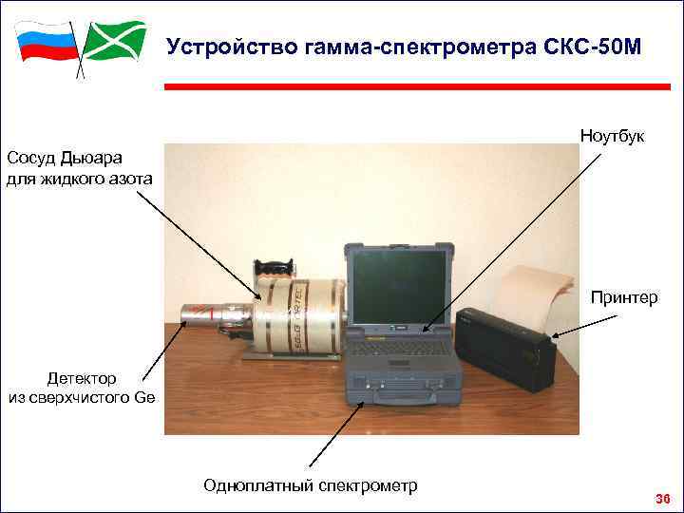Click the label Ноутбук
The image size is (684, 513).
pyautogui.click(x=612, y=137)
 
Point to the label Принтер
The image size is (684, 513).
pyautogui.click(x=623, y=298)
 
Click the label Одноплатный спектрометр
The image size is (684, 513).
pyautogui.click(x=311, y=485)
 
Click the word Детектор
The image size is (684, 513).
pyautogui.click(x=85, y=378)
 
